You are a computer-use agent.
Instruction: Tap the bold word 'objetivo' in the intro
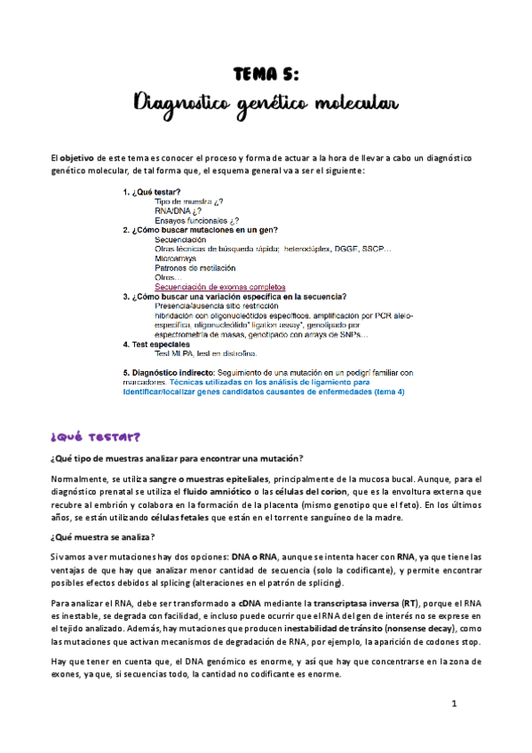[x=80, y=158]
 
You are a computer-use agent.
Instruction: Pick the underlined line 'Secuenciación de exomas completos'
[x=220, y=287]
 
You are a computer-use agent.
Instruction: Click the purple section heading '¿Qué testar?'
[x=95, y=437]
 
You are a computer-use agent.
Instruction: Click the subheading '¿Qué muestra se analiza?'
[x=103, y=537]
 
